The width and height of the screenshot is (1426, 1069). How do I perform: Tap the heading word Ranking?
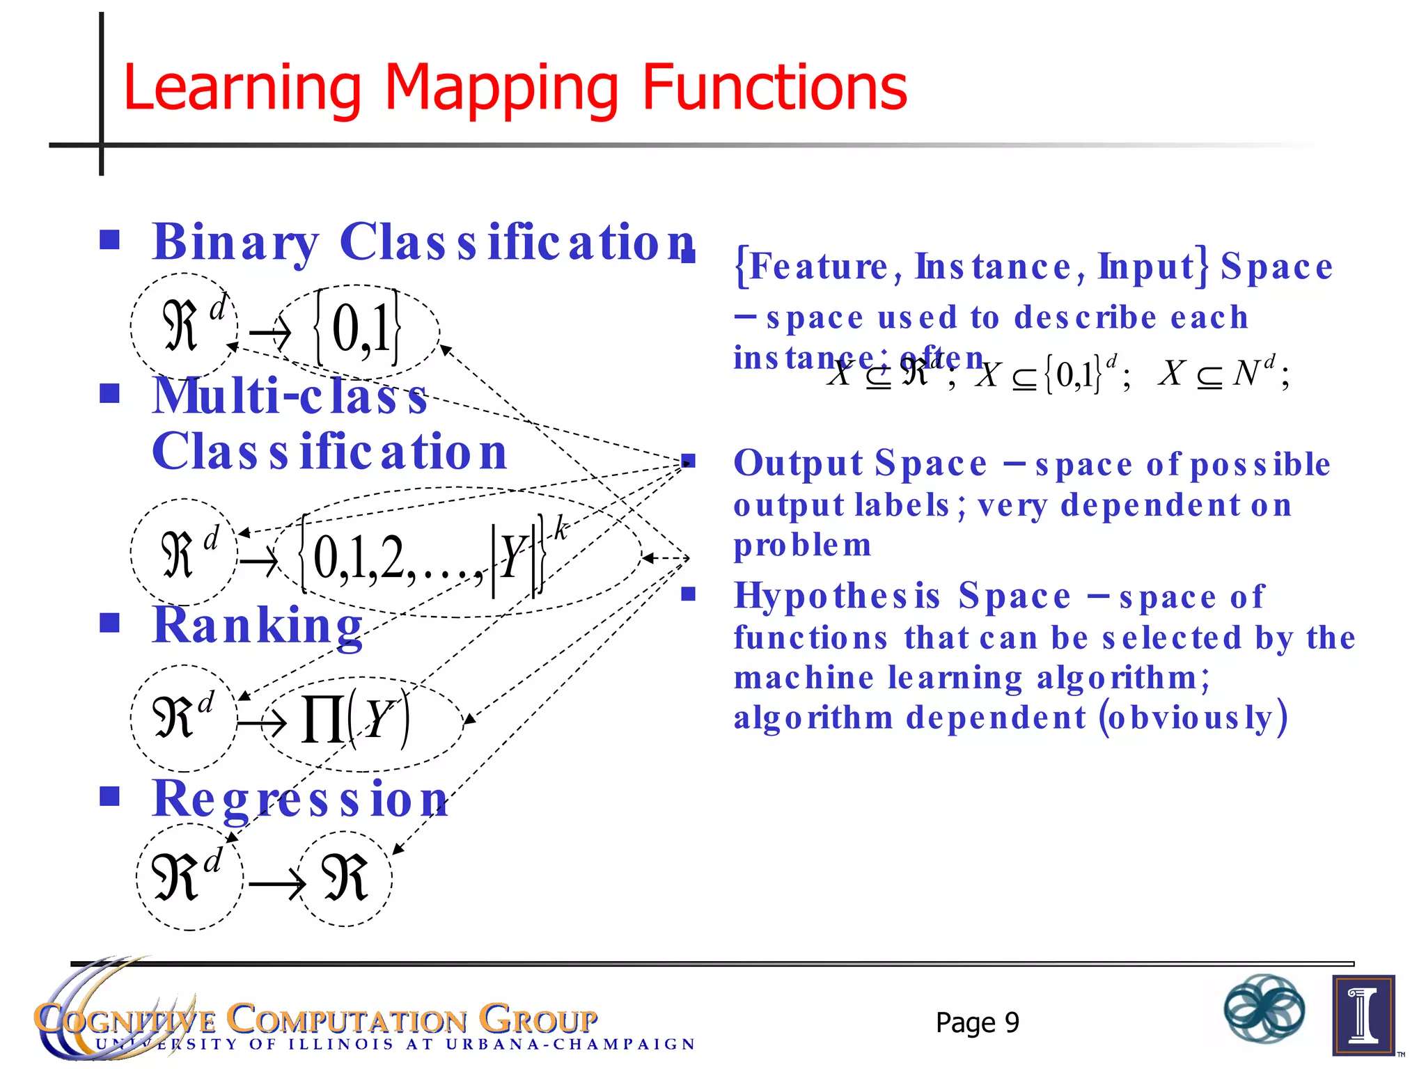tap(258, 626)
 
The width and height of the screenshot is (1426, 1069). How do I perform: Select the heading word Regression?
tap(300, 799)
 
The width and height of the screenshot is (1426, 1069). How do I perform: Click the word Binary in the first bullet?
tap(235, 242)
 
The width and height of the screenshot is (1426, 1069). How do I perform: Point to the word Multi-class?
tap(290, 395)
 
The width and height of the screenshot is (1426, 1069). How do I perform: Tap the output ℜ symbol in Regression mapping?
tap(345, 878)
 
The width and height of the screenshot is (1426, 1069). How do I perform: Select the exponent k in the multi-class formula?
tap(561, 530)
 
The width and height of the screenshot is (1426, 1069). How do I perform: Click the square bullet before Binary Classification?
tap(109, 240)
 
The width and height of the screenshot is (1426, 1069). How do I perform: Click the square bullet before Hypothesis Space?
tap(689, 594)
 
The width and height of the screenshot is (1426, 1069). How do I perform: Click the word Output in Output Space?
tap(799, 464)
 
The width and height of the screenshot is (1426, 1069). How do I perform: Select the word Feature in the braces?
tap(818, 267)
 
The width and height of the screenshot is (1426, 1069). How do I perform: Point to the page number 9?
tap(1012, 1022)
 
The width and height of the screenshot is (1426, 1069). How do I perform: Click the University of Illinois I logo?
tap(1363, 1015)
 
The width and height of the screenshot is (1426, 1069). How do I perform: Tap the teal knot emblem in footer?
tap(1264, 1008)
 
